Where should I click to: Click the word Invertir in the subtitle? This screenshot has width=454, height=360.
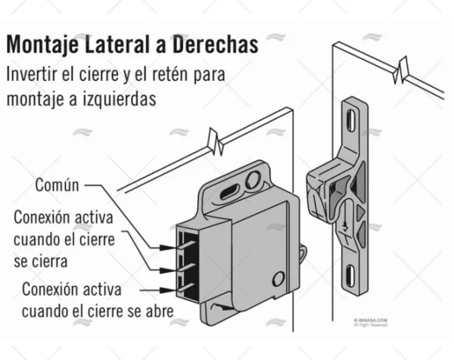(x=31, y=75)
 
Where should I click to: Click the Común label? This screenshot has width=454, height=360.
(x=58, y=185)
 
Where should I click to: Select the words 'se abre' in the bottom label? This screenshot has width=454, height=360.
(x=151, y=310)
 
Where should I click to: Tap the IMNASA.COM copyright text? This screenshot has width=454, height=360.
(x=370, y=320)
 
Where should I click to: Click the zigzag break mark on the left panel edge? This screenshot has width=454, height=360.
(x=216, y=141)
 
